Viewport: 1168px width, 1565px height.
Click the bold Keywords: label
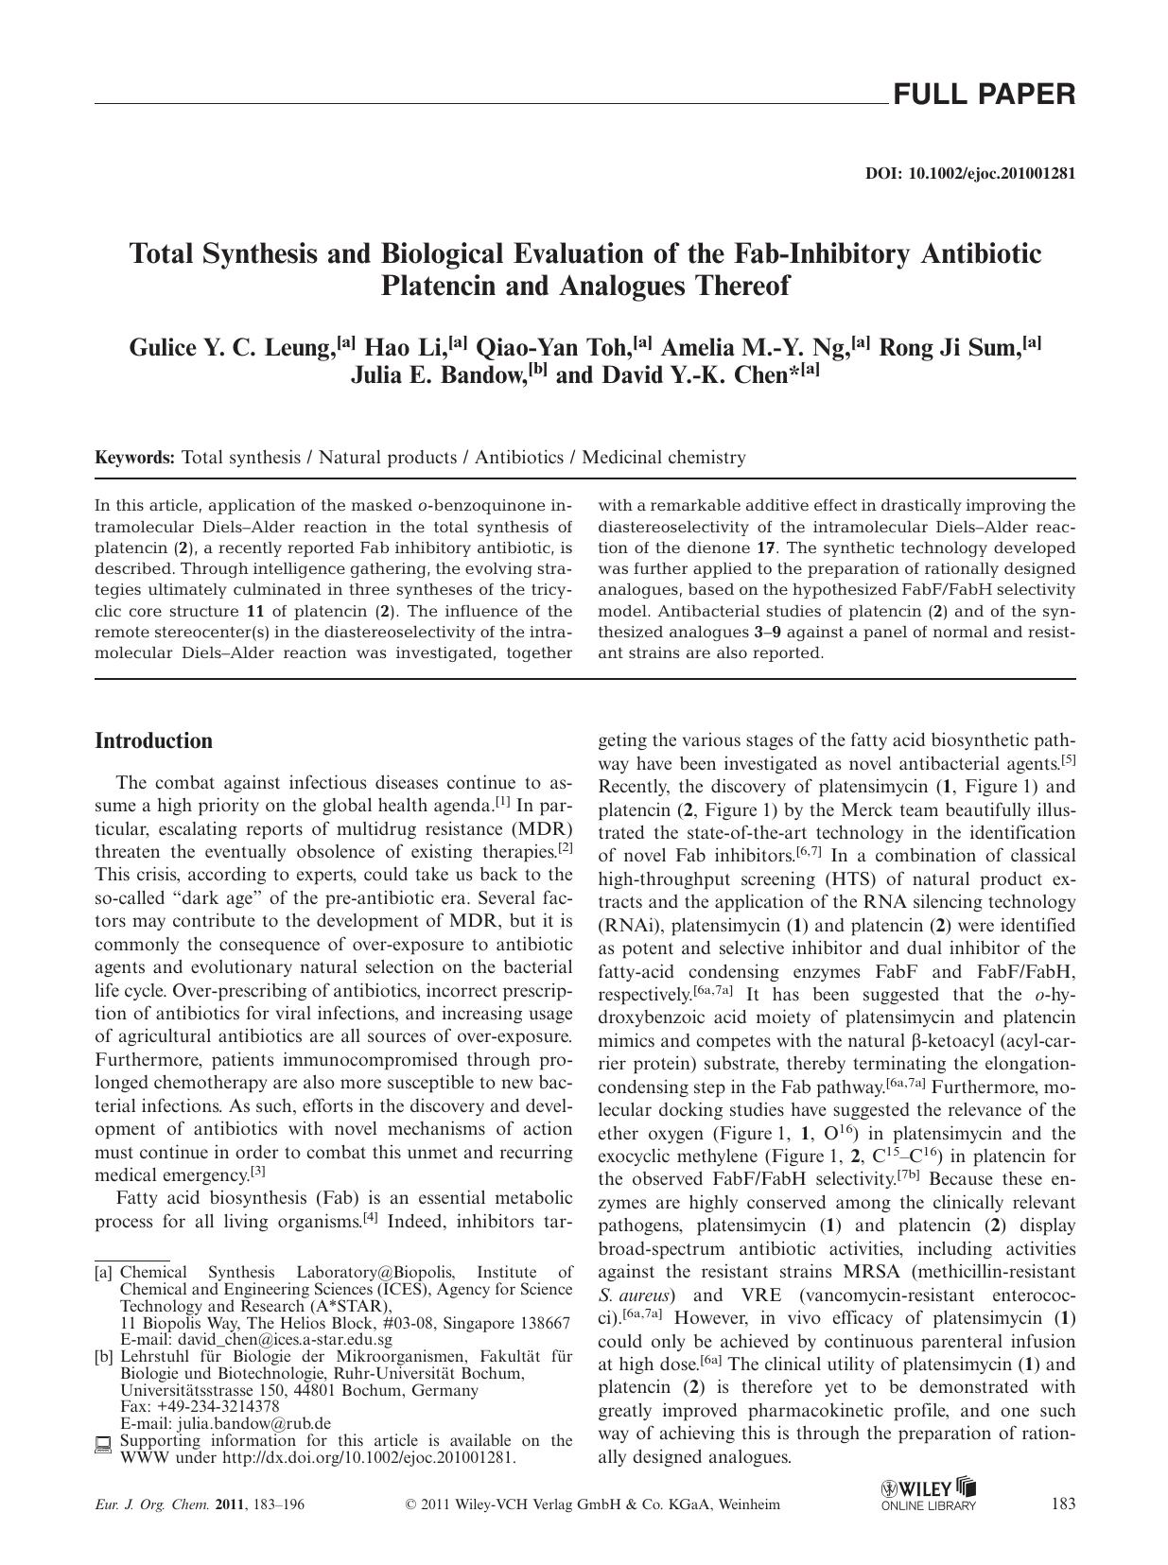coord(134,458)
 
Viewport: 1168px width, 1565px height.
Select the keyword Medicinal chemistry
coord(663,458)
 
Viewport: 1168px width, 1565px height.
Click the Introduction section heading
coord(153,740)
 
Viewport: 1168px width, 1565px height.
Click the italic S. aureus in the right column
coord(636,1295)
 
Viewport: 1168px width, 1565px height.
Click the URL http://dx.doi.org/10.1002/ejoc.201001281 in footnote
coord(368,1457)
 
